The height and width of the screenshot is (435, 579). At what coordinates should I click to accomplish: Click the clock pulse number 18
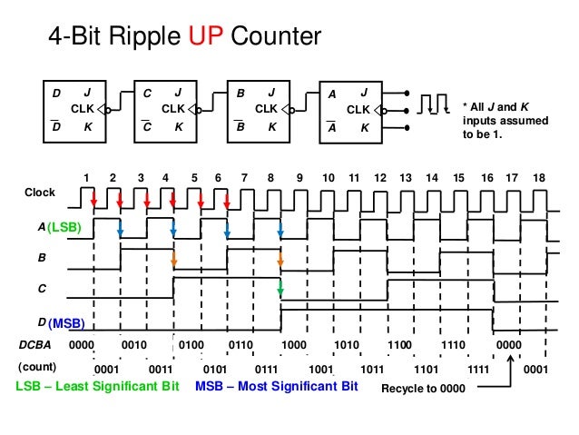(539, 177)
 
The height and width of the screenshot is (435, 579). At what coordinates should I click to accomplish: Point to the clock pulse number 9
(299, 177)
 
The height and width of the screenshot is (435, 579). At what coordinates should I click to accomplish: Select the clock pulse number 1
(86, 177)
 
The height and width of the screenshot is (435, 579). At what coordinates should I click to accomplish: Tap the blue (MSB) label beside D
(66, 322)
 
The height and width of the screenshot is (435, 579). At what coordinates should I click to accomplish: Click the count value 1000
(293, 346)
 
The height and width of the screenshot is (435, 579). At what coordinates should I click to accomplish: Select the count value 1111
(479, 370)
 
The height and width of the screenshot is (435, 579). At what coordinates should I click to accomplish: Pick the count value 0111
(266, 370)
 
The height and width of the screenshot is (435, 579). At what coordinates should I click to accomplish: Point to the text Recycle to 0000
(422, 389)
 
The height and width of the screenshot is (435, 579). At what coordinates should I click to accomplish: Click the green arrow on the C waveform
(280, 291)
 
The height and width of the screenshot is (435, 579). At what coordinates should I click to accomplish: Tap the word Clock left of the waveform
(39, 193)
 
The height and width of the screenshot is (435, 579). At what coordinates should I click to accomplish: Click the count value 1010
(347, 346)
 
